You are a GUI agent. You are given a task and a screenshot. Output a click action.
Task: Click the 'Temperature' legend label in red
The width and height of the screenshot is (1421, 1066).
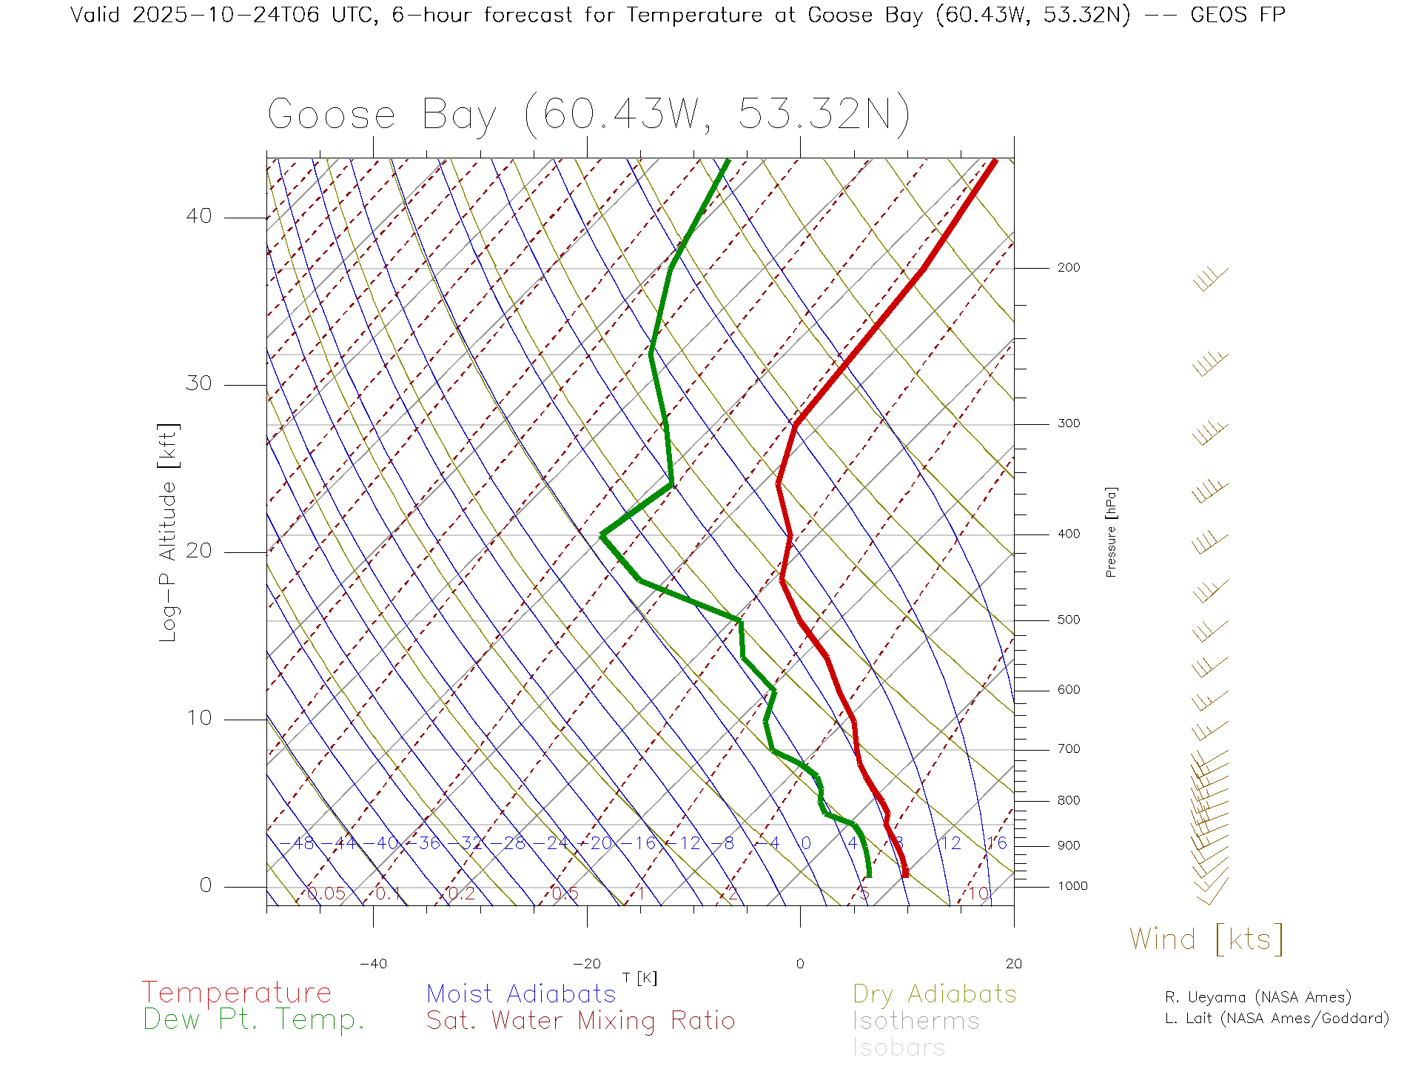[237, 992]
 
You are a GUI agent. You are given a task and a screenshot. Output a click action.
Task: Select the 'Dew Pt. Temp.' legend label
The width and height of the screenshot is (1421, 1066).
[254, 1020]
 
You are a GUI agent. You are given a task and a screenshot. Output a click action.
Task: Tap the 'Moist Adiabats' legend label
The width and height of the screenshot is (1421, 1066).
[521, 993]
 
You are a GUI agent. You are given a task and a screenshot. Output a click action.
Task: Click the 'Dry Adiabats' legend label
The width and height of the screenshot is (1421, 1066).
[935, 993]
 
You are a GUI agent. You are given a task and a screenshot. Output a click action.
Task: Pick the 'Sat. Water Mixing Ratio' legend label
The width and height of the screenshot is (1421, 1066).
[580, 1021]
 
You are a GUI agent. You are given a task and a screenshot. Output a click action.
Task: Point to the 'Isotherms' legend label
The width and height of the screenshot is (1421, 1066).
[916, 1021]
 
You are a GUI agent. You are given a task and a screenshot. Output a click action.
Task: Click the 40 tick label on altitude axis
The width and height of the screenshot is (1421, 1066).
[198, 216]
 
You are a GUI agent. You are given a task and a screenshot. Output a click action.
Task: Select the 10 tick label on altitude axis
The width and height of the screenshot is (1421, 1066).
[198, 718]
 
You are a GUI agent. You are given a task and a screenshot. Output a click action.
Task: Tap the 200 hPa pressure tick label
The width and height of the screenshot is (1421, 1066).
[1069, 267]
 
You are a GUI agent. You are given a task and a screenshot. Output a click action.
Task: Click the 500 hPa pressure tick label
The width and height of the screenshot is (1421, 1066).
[1069, 620]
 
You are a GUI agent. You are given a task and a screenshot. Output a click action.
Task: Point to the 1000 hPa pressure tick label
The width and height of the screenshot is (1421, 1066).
[1072, 886]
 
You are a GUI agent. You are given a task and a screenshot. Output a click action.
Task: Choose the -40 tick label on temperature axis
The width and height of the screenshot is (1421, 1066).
[373, 964]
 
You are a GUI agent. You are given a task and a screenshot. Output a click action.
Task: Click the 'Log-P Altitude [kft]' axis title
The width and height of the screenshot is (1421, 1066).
[169, 533]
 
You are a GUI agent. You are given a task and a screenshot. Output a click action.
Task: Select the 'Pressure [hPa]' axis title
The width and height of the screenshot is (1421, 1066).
[1111, 532]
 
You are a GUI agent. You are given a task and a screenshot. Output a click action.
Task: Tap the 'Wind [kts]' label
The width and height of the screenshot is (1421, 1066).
[1206, 939]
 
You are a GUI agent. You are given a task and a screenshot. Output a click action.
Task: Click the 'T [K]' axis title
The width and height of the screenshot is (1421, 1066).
[639, 979]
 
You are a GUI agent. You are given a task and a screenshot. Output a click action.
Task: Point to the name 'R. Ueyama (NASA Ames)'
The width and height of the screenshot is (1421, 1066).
[1258, 997]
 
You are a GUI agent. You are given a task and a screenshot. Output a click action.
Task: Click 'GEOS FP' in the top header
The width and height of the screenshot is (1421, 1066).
[1237, 15]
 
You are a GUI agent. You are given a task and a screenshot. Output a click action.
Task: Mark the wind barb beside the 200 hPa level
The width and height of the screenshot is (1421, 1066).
[1210, 279]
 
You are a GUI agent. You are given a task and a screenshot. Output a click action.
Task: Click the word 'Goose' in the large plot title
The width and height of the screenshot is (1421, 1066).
[332, 115]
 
